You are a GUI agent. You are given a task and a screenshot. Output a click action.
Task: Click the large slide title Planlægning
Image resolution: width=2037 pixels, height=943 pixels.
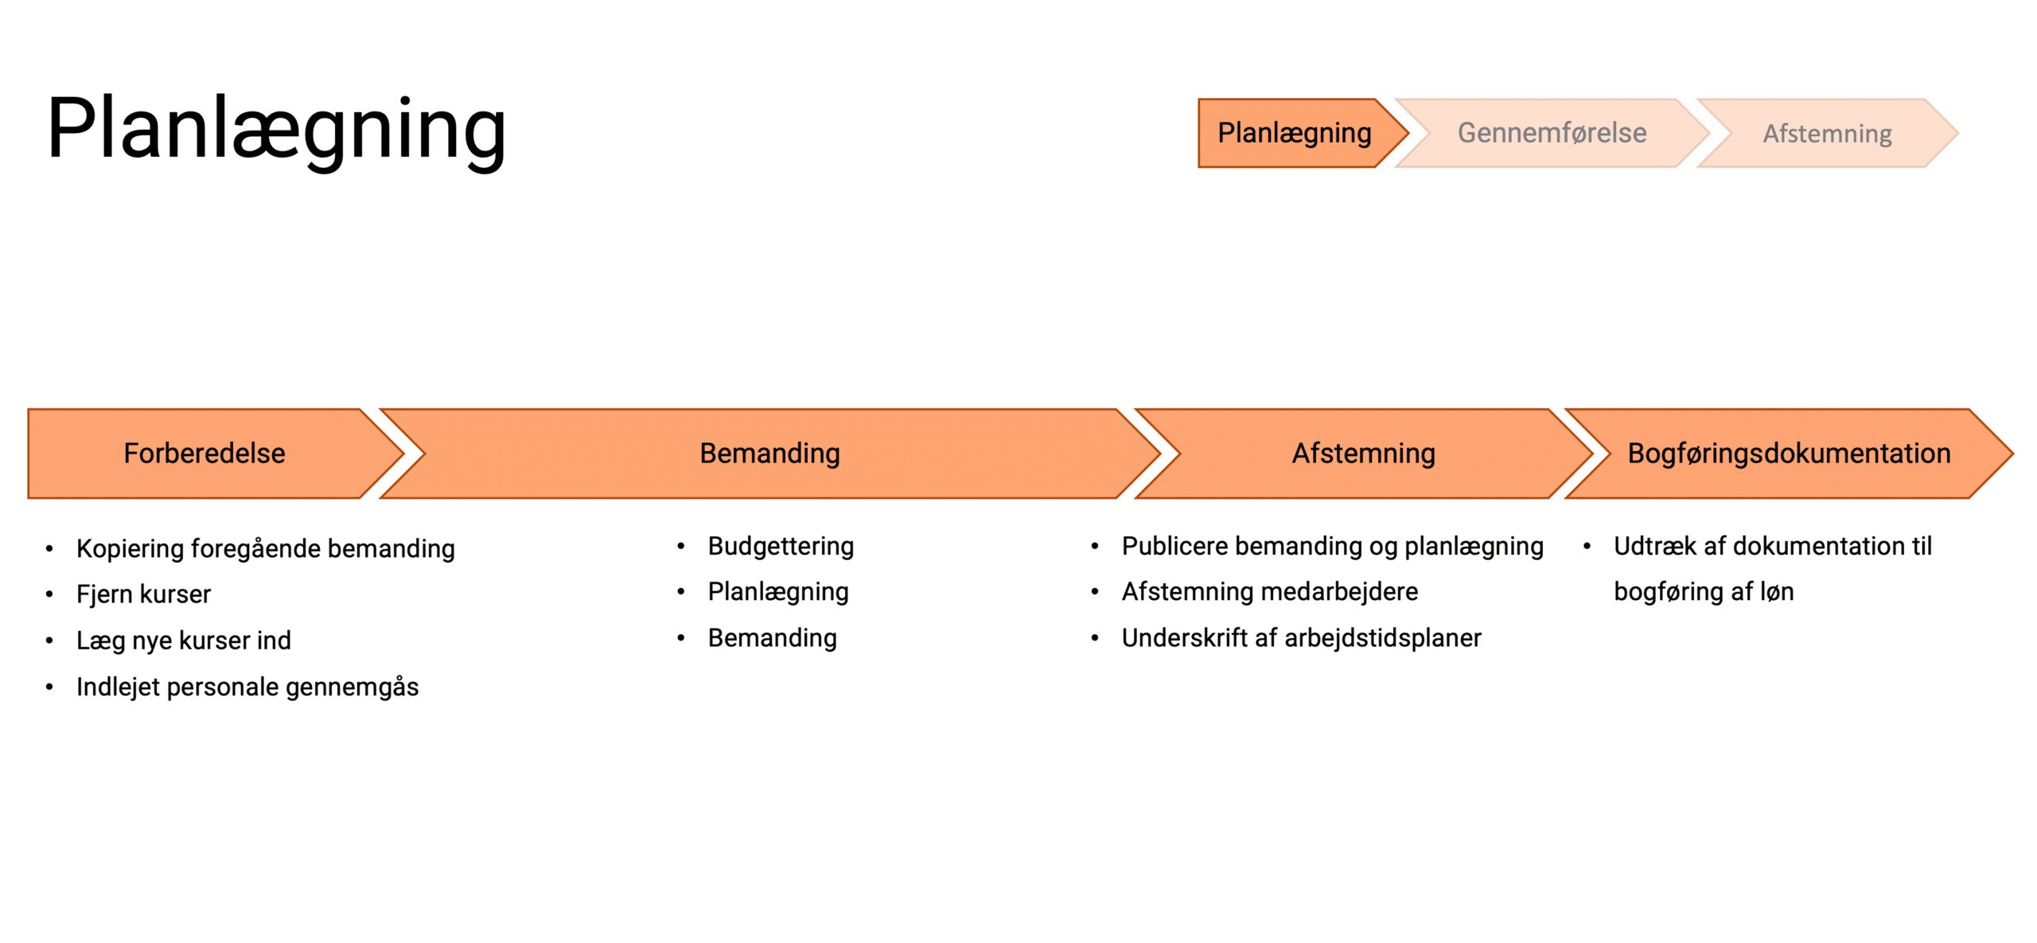point(276,129)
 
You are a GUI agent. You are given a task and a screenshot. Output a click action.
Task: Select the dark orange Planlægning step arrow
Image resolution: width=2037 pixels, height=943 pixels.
point(1294,133)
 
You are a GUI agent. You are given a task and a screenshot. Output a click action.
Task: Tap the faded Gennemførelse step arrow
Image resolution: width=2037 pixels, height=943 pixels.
point(1552,133)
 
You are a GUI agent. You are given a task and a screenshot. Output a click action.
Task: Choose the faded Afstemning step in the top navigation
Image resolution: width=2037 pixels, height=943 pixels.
point(1827,134)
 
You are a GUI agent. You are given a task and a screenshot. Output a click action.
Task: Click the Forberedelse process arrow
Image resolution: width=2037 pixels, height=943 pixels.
point(204,454)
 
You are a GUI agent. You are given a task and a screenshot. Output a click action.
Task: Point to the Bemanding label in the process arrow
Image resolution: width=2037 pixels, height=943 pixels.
point(769,454)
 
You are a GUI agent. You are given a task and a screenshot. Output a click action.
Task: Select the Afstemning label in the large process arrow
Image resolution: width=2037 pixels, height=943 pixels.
point(1363,454)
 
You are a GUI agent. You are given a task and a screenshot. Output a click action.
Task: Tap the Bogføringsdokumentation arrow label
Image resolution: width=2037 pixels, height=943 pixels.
point(1789,454)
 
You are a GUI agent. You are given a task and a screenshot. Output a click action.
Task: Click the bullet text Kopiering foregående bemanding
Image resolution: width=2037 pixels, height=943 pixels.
point(266,548)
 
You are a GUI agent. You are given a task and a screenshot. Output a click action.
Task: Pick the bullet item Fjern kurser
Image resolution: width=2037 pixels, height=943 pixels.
point(143,594)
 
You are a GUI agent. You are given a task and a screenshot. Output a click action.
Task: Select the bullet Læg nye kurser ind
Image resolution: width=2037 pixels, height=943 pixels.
point(184,641)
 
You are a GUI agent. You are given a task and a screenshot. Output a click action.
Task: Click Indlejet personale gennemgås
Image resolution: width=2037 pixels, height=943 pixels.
point(247,687)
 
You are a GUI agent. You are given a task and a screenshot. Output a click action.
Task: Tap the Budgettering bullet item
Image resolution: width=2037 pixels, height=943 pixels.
point(781,546)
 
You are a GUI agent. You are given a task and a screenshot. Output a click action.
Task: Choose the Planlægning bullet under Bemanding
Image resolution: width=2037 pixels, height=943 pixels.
point(778,592)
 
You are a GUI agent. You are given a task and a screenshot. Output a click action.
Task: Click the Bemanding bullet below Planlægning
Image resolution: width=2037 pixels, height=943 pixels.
point(772,638)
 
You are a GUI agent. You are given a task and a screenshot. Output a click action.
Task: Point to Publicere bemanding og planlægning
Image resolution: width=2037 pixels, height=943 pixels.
point(1332,546)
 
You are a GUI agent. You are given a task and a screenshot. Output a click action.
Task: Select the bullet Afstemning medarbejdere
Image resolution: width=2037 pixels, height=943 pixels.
point(1269,592)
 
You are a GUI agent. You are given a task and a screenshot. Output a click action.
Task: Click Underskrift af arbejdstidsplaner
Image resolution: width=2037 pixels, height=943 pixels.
point(1301,638)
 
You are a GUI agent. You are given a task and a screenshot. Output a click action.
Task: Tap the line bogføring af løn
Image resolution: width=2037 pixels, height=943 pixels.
point(1704,592)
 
